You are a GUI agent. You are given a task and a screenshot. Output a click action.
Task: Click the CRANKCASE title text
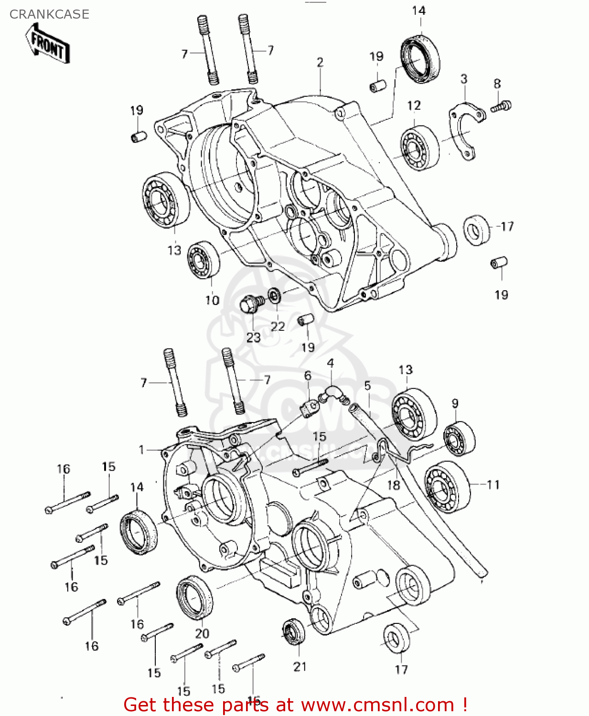(49, 14)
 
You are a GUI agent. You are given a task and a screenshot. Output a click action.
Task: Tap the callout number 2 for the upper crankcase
(320, 63)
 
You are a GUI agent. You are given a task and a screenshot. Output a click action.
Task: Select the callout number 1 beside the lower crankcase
(141, 450)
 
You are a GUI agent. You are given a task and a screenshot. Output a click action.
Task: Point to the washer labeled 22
(275, 295)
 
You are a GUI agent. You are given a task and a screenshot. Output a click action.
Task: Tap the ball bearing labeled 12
(419, 148)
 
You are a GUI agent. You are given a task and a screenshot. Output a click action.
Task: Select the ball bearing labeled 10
(203, 260)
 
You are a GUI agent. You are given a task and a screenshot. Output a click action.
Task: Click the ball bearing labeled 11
(447, 487)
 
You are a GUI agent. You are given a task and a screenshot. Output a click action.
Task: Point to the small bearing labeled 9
(459, 438)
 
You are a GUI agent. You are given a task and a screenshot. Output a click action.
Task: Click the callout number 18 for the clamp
(393, 485)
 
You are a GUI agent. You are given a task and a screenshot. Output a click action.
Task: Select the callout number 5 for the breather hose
(367, 386)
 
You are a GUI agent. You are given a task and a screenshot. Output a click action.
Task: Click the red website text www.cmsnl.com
(377, 705)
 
